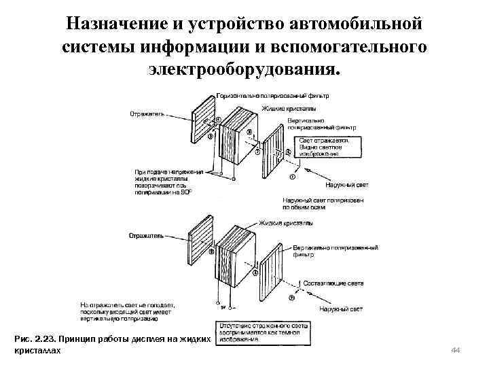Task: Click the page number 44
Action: coord(456,349)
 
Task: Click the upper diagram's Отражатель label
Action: coord(147,114)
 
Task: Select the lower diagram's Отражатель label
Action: coord(147,237)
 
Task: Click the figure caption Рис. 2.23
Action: coord(109,343)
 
